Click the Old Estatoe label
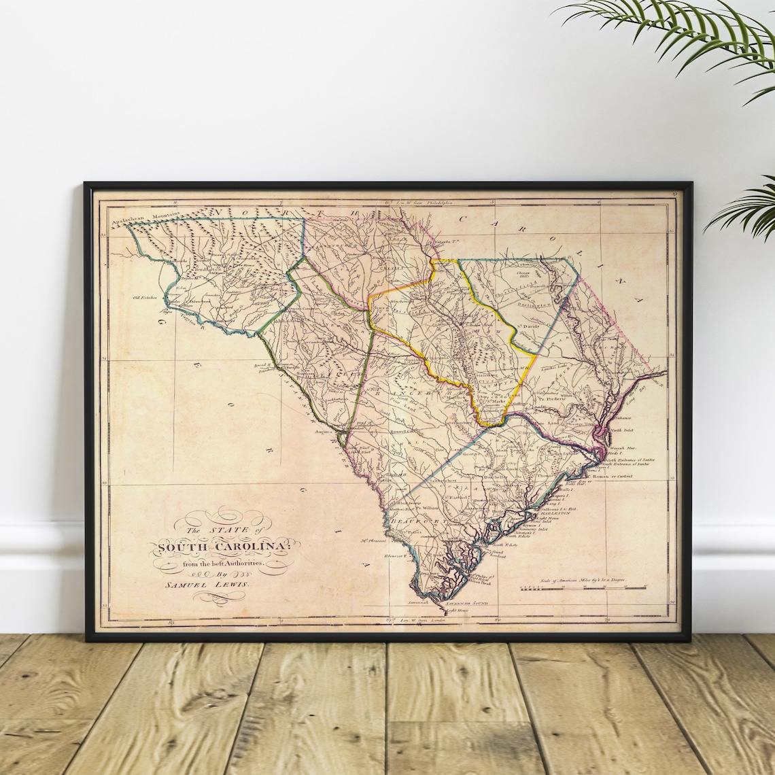point(145,297)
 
